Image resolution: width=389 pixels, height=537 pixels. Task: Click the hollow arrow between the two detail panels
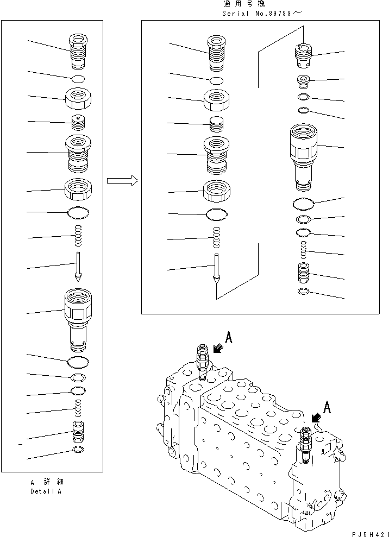tap(122, 180)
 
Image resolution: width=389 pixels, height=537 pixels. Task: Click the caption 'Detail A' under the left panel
tap(46, 491)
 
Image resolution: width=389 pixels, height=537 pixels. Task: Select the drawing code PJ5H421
tap(370, 534)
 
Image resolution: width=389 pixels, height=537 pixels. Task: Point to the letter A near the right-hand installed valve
tap(327, 407)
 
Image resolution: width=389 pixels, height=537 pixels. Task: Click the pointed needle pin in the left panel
tap(78, 267)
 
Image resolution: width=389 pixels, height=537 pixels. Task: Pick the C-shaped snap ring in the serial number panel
tap(304, 292)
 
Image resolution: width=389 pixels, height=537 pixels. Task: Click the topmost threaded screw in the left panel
tap(78, 52)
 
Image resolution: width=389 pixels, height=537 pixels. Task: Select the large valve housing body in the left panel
tap(78, 320)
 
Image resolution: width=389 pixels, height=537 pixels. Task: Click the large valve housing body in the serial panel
tap(304, 156)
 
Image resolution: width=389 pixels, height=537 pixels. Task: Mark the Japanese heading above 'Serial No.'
tap(244, 4)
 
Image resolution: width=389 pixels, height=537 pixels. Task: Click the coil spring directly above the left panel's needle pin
tap(78, 235)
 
